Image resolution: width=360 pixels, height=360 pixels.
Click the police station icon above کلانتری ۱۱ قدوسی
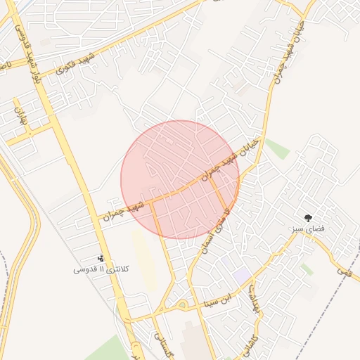101,259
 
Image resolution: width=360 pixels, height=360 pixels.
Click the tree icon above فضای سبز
307,217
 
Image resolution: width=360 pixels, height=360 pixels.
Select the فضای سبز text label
307,229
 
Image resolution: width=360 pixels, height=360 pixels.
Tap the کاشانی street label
251,342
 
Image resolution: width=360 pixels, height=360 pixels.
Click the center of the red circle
180,179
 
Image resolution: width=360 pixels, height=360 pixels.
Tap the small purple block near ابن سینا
243,276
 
